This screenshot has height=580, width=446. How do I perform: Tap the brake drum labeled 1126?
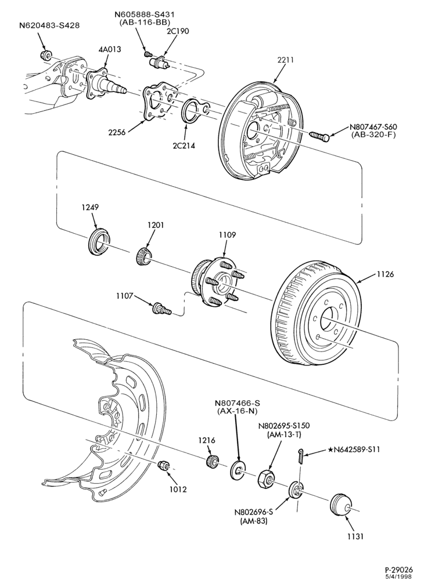(x=316, y=314)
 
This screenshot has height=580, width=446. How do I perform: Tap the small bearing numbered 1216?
(x=211, y=462)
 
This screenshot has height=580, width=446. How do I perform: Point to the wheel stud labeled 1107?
(x=161, y=308)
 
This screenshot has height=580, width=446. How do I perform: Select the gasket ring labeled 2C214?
(x=195, y=110)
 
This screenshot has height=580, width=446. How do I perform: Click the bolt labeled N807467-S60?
(x=319, y=135)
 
